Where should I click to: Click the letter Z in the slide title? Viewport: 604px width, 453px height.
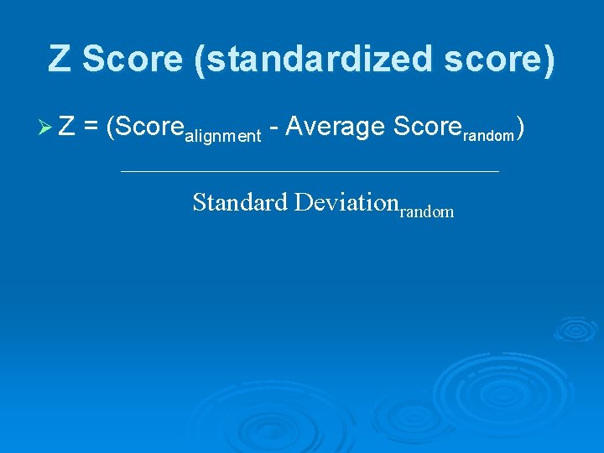click(60, 59)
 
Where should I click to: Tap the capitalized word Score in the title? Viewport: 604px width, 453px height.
click(127, 59)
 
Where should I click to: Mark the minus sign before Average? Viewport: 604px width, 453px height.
click(273, 128)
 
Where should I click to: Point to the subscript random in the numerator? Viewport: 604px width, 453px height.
click(487, 135)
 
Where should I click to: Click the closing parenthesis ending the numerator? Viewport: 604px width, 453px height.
click(521, 128)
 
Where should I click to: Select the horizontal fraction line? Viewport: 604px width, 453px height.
click(310, 172)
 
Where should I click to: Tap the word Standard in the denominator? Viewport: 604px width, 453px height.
click(240, 202)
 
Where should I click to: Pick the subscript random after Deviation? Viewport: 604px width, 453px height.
click(427, 212)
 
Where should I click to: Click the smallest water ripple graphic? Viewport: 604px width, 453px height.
click(575, 329)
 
